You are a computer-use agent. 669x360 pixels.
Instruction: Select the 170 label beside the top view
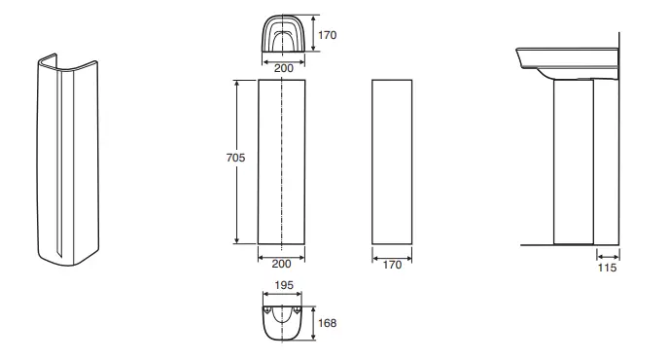click(x=328, y=35)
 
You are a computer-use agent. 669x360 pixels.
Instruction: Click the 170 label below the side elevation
click(x=392, y=265)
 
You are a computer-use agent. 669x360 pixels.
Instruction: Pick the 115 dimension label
click(x=606, y=266)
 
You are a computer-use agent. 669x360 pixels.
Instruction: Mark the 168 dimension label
click(x=328, y=321)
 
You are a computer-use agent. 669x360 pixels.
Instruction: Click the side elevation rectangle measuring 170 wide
click(x=392, y=161)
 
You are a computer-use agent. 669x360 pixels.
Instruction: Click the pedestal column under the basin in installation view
click(x=572, y=161)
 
